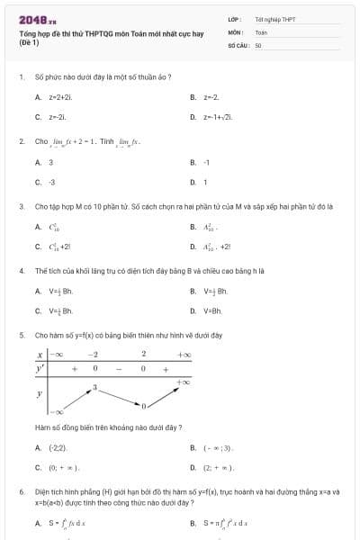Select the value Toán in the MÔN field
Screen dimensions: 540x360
pos(261,31)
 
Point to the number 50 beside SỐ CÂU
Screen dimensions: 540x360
pos(258,44)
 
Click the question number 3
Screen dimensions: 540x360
pos(21,206)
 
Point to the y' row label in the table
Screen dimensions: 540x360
pos(40,369)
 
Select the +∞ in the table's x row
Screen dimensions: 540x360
pos(184,355)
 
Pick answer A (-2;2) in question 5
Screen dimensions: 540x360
pos(56,447)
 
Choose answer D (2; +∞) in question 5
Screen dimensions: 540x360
pos(217,468)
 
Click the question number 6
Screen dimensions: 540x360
pos(21,492)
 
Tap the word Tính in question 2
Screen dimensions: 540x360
pos(108,142)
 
